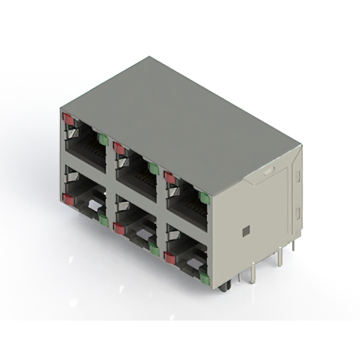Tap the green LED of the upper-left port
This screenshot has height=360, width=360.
click(x=103, y=139)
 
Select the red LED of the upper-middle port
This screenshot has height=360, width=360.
click(x=119, y=148)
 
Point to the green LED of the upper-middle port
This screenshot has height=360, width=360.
click(x=154, y=168)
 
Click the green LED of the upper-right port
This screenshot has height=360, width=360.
click(x=204, y=197)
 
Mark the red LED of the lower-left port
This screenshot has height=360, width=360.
click(x=69, y=199)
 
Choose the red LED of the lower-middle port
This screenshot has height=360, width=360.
click(x=119, y=228)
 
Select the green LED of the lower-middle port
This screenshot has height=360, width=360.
click(x=154, y=248)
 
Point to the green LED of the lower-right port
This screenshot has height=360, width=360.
click(x=204, y=278)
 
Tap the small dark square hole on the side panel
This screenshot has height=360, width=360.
click(x=245, y=231)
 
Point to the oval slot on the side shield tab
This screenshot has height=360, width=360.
click(x=269, y=169)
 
